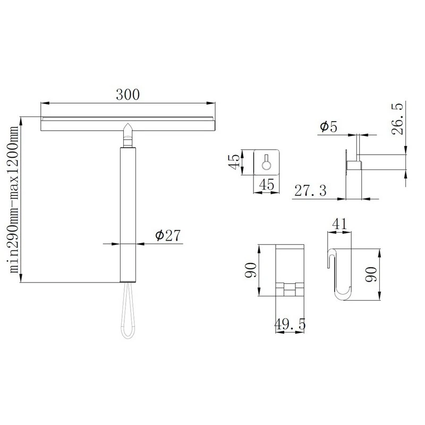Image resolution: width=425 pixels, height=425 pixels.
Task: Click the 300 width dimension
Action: (128, 95)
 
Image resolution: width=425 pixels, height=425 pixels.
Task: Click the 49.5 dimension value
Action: (289, 323)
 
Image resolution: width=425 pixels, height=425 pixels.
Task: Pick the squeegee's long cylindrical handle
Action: (128, 212)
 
